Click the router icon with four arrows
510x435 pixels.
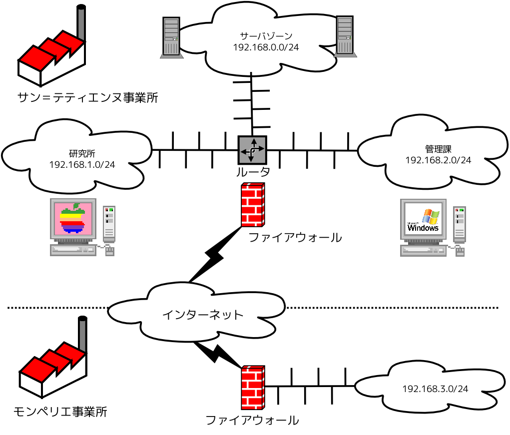252,150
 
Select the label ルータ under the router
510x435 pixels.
253,173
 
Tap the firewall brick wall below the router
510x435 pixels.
252,205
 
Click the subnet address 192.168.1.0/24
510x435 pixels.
82,164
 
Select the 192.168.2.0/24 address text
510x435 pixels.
438,160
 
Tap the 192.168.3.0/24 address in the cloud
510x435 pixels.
435,389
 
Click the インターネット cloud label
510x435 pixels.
203,315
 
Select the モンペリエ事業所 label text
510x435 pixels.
60,412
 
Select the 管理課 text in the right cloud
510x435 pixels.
438,149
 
